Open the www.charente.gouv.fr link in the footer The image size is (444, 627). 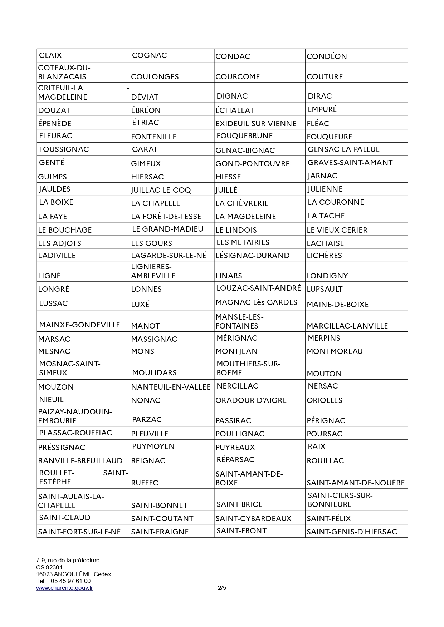click(x=64, y=588)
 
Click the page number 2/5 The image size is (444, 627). click(x=222, y=588)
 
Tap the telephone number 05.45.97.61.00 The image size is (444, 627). click(x=70, y=581)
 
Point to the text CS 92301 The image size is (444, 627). click(x=49, y=567)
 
